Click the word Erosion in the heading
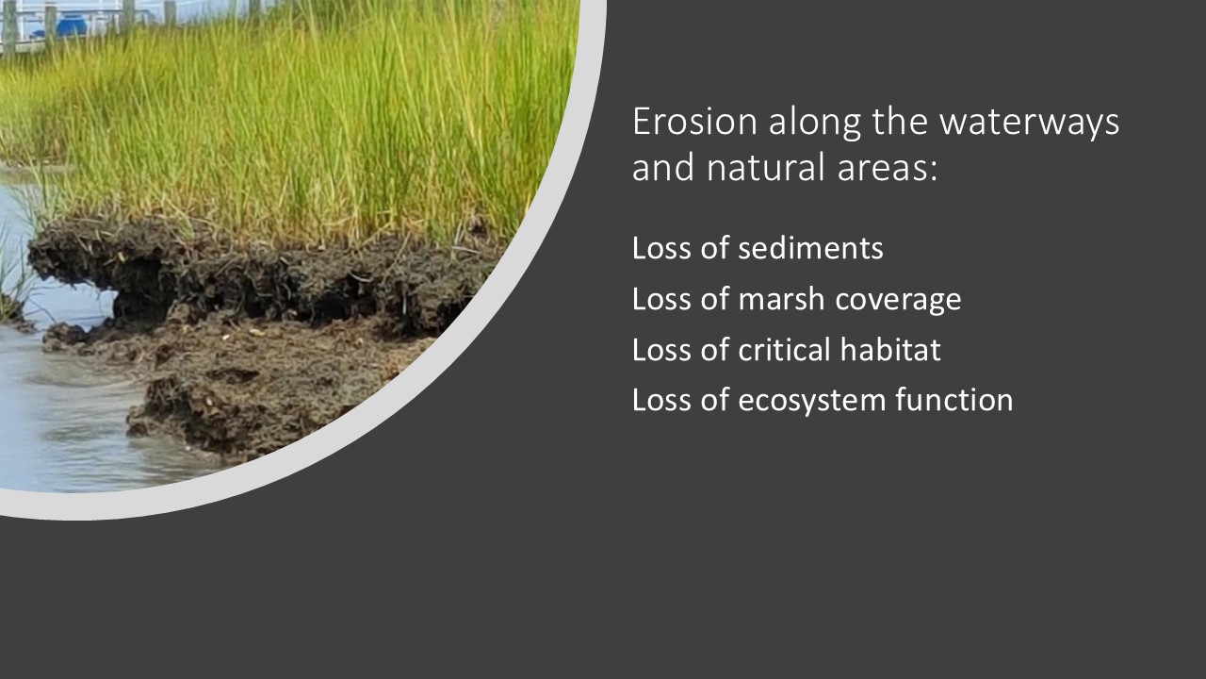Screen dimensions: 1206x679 point(695,122)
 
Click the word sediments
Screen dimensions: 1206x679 point(810,248)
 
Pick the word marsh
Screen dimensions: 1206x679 point(781,299)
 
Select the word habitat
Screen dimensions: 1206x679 point(890,350)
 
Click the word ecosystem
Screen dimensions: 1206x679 point(811,402)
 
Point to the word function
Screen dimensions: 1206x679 point(954,400)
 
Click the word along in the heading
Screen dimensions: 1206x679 point(815,124)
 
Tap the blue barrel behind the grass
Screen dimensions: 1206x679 point(72,25)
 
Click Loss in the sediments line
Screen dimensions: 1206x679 point(661,248)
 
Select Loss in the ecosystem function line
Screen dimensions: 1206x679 point(661,401)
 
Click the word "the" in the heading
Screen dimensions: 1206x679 point(900,122)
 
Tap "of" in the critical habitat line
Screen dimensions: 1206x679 point(714,350)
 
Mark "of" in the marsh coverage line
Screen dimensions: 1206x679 point(714,299)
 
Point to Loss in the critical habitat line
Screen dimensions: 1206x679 point(661,350)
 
